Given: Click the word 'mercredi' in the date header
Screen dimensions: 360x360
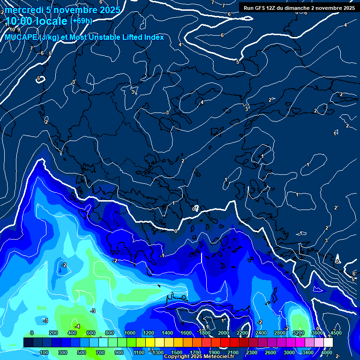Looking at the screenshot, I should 24,9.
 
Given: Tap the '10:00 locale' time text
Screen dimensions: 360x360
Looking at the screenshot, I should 37,21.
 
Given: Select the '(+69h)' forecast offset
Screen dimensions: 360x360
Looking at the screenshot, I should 81,21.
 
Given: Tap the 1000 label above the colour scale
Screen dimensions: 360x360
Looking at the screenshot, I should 130,333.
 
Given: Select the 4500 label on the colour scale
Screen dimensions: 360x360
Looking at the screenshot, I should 336,333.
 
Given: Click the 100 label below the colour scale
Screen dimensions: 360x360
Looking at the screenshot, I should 45,352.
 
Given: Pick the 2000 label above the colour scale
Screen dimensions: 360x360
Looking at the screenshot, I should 224,333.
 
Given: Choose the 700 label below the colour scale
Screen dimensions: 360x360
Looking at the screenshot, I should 101,352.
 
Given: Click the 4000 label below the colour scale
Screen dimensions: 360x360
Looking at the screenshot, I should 327,352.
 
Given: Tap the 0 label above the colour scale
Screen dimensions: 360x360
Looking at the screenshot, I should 32,333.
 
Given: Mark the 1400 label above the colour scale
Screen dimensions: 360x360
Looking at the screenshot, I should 167,333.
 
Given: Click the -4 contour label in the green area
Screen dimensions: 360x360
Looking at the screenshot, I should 77,326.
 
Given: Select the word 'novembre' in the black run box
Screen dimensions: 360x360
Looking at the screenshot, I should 327,8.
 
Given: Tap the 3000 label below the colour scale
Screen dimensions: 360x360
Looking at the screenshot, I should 289,352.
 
